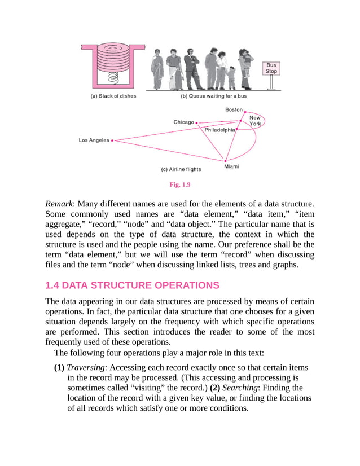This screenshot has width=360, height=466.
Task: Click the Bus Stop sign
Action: (x=271, y=69)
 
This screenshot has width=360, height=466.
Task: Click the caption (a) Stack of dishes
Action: (x=113, y=96)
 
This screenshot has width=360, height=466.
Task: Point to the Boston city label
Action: (x=234, y=109)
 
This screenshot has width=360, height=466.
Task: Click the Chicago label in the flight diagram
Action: (x=183, y=122)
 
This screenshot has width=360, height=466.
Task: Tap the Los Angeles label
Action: (x=94, y=140)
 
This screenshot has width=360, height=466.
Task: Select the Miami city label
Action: (x=231, y=166)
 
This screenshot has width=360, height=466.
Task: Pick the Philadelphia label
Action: (x=219, y=130)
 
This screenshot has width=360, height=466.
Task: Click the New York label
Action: (x=255, y=121)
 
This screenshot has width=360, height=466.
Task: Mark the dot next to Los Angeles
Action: (x=112, y=140)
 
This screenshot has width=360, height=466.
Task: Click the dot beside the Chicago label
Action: (x=196, y=122)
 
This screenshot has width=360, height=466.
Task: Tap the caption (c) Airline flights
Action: (x=181, y=169)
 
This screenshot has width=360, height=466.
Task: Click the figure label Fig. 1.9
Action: (x=180, y=184)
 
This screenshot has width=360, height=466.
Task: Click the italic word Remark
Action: (x=59, y=203)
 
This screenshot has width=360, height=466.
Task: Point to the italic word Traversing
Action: (x=86, y=367)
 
